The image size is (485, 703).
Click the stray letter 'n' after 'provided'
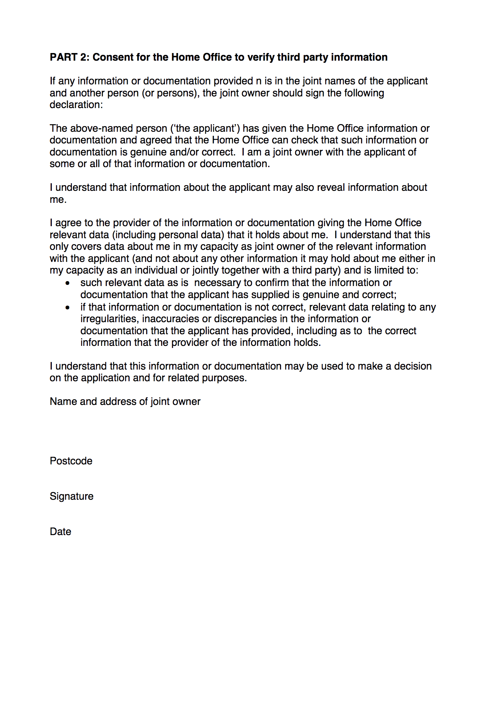click(x=259, y=81)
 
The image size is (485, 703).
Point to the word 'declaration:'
click(x=76, y=105)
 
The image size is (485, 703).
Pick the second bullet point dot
click(x=68, y=308)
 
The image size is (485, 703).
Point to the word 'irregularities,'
click(x=109, y=319)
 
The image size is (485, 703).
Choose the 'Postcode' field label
click(x=71, y=461)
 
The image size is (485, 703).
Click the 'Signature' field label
click(x=71, y=497)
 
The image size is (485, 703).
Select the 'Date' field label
click(x=61, y=532)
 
